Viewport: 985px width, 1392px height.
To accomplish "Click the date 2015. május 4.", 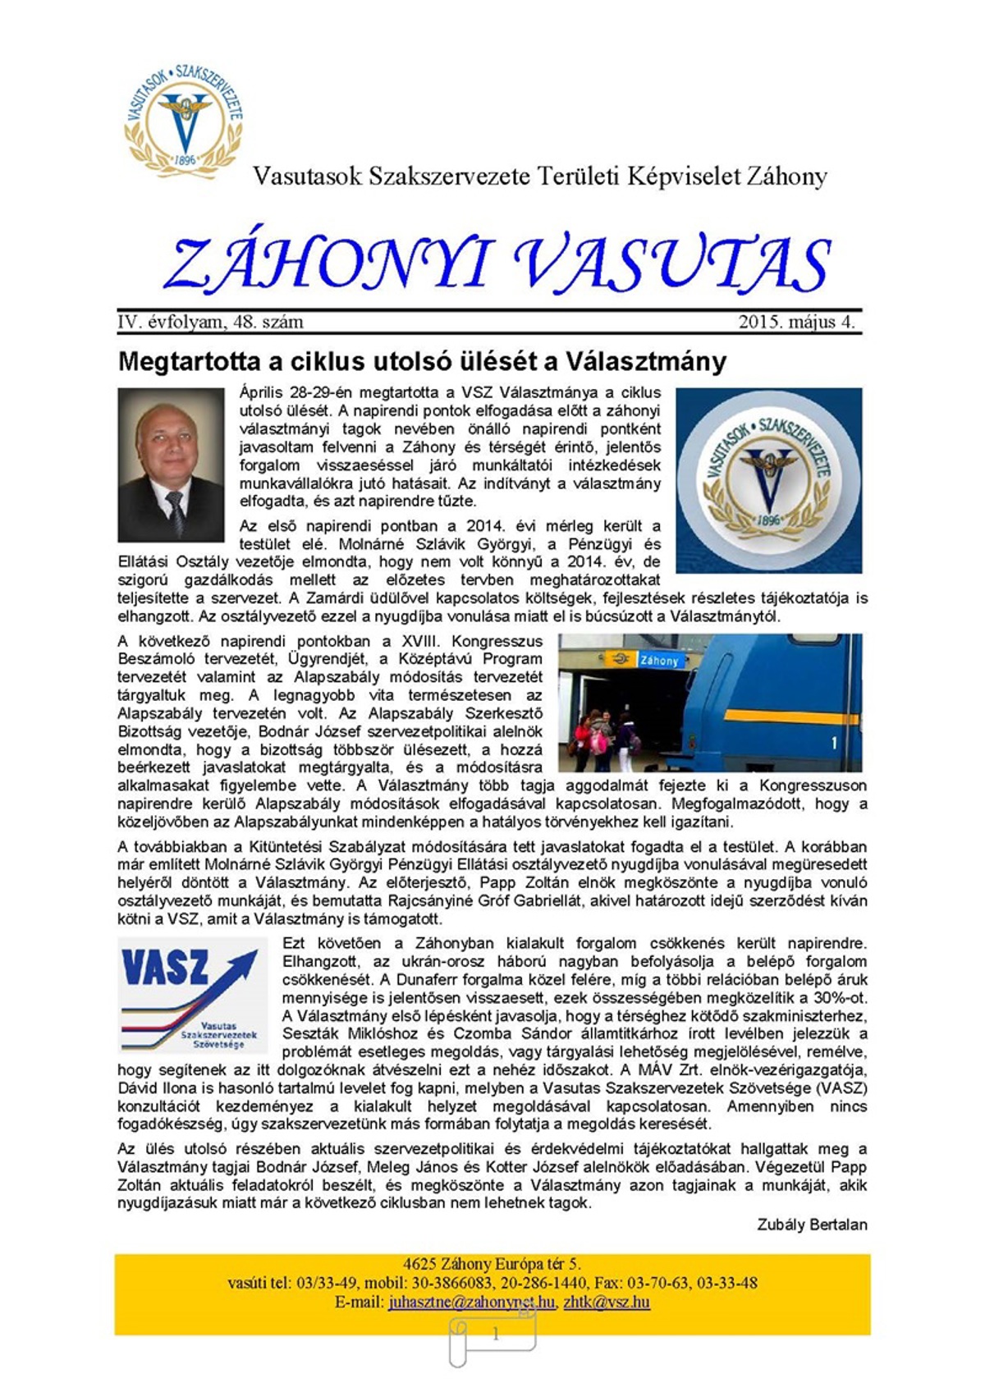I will point(795,322).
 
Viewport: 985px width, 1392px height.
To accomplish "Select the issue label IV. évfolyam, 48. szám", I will point(210,322).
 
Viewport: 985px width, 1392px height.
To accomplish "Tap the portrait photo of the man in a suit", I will point(171,464).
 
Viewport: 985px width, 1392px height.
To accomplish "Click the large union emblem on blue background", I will point(768,480).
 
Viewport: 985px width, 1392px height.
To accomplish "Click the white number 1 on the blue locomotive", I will point(835,744).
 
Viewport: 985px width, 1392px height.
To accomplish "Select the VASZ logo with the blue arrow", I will point(193,996).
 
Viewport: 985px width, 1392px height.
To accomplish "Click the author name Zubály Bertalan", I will point(811,1225).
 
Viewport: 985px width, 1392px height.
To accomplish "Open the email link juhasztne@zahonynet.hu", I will point(471,1303).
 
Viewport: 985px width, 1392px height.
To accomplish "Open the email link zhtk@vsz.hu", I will point(607,1303).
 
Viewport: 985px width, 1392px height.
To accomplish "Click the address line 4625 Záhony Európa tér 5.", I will point(492,1264).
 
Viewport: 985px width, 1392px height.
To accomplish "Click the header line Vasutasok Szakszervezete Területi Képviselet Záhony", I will point(539,176).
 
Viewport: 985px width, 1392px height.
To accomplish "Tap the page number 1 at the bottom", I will point(495,1335).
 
